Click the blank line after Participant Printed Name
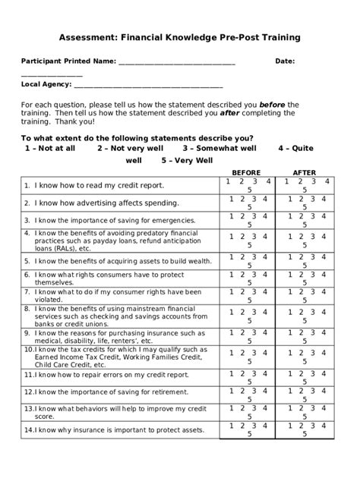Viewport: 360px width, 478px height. [176, 61]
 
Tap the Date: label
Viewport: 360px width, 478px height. [285, 61]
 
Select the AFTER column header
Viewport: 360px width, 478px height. [305, 172]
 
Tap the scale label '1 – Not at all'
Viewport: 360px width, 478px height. [50, 149]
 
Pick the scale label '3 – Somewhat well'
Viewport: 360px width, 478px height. [219, 149]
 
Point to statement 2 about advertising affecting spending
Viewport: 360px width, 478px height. [101, 203]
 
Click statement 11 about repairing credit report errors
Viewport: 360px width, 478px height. [106, 375]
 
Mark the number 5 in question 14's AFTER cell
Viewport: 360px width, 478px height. [305, 437]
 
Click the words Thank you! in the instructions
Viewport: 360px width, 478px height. [74, 121]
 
